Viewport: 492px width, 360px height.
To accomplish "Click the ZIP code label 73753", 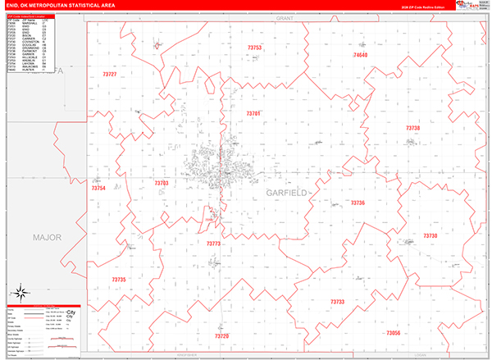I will click(x=254, y=48).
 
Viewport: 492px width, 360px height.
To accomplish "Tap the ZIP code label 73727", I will click(x=110, y=75).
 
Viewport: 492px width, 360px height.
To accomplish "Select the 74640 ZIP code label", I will click(x=361, y=55).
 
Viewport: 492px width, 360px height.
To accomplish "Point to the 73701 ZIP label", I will click(x=253, y=113).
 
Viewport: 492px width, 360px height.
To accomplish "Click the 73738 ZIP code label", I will click(x=412, y=128).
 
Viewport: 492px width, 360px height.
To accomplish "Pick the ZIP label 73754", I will click(x=98, y=189).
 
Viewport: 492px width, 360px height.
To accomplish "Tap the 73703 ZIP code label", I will click(x=161, y=183).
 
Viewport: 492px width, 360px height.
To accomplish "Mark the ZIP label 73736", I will click(x=358, y=203).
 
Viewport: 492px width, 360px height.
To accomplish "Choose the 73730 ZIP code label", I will click(x=430, y=235).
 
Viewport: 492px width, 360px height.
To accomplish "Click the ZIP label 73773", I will click(x=214, y=244).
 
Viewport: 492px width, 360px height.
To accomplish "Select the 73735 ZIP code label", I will click(x=119, y=280).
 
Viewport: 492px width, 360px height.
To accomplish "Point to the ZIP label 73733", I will click(x=338, y=302).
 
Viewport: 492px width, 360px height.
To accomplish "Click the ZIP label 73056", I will click(x=393, y=333).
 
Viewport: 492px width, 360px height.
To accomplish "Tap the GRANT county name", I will click(x=285, y=16).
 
